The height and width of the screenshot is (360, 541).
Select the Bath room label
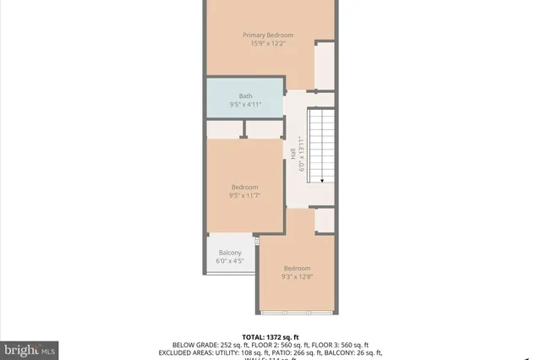pyautogui.click(x=245, y=95)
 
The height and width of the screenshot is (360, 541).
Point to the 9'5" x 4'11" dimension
pyautogui.click(x=245, y=105)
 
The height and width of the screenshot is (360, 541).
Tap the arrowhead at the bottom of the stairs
pyautogui.click(x=321, y=178)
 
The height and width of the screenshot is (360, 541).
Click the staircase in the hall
pyautogui.click(x=320, y=144)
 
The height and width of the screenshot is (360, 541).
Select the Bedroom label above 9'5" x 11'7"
pyautogui.click(x=245, y=187)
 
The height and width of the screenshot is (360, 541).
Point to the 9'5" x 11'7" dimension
pyautogui.click(x=245, y=196)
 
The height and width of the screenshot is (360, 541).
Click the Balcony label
pyautogui.click(x=230, y=253)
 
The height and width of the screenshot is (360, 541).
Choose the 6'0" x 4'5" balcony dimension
pyautogui.click(x=230, y=262)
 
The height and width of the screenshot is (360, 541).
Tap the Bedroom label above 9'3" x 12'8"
pyautogui.click(x=297, y=268)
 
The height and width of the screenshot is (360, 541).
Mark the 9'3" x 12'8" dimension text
pyautogui.click(x=297, y=276)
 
